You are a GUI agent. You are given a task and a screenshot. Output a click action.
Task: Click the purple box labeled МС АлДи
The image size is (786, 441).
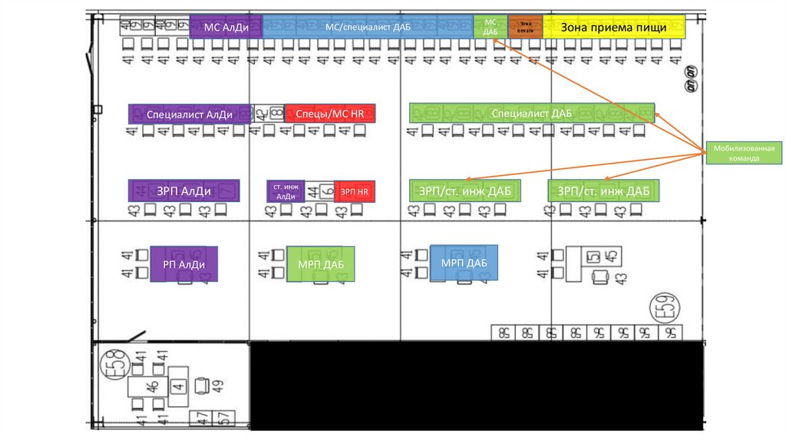pyautogui.click(x=226, y=27)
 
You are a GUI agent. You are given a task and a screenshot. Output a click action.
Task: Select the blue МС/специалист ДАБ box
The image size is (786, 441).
pyautogui.click(x=368, y=27)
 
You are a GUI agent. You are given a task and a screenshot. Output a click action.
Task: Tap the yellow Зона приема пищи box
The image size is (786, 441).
pyautogui.click(x=613, y=27)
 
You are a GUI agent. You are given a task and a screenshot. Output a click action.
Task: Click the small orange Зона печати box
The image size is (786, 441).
pyautogui.click(x=525, y=27)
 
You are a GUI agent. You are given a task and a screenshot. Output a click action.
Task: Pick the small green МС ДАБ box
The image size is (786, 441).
pyautogui.click(x=490, y=27)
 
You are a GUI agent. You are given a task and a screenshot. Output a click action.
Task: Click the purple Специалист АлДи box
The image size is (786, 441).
pyautogui.click(x=190, y=114)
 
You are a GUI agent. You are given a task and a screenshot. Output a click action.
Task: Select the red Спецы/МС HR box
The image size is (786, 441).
pyautogui.click(x=330, y=114)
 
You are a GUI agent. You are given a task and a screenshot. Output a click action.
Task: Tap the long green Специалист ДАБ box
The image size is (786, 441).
pyautogui.click(x=531, y=114)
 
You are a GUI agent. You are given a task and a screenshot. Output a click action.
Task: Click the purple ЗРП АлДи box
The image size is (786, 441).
pyautogui.click(x=184, y=191)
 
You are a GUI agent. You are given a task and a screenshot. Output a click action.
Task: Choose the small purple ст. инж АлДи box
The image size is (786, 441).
pyautogui.click(x=286, y=191)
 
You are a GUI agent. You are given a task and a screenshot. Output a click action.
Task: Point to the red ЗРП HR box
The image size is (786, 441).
pyautogui.click(x=355, y=191)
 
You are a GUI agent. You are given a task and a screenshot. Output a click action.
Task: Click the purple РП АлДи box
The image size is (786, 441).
pyautogui.click(x=184, y=264)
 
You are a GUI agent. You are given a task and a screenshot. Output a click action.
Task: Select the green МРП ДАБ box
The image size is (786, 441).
pyautogui.click(x=321, y=264)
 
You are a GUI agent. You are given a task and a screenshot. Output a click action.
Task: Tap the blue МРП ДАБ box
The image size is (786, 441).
pyautogui.click(x=464, y=263)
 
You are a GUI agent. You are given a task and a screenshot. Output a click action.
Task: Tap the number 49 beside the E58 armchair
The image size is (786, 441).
pyautogui.click(x=220, y=386)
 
